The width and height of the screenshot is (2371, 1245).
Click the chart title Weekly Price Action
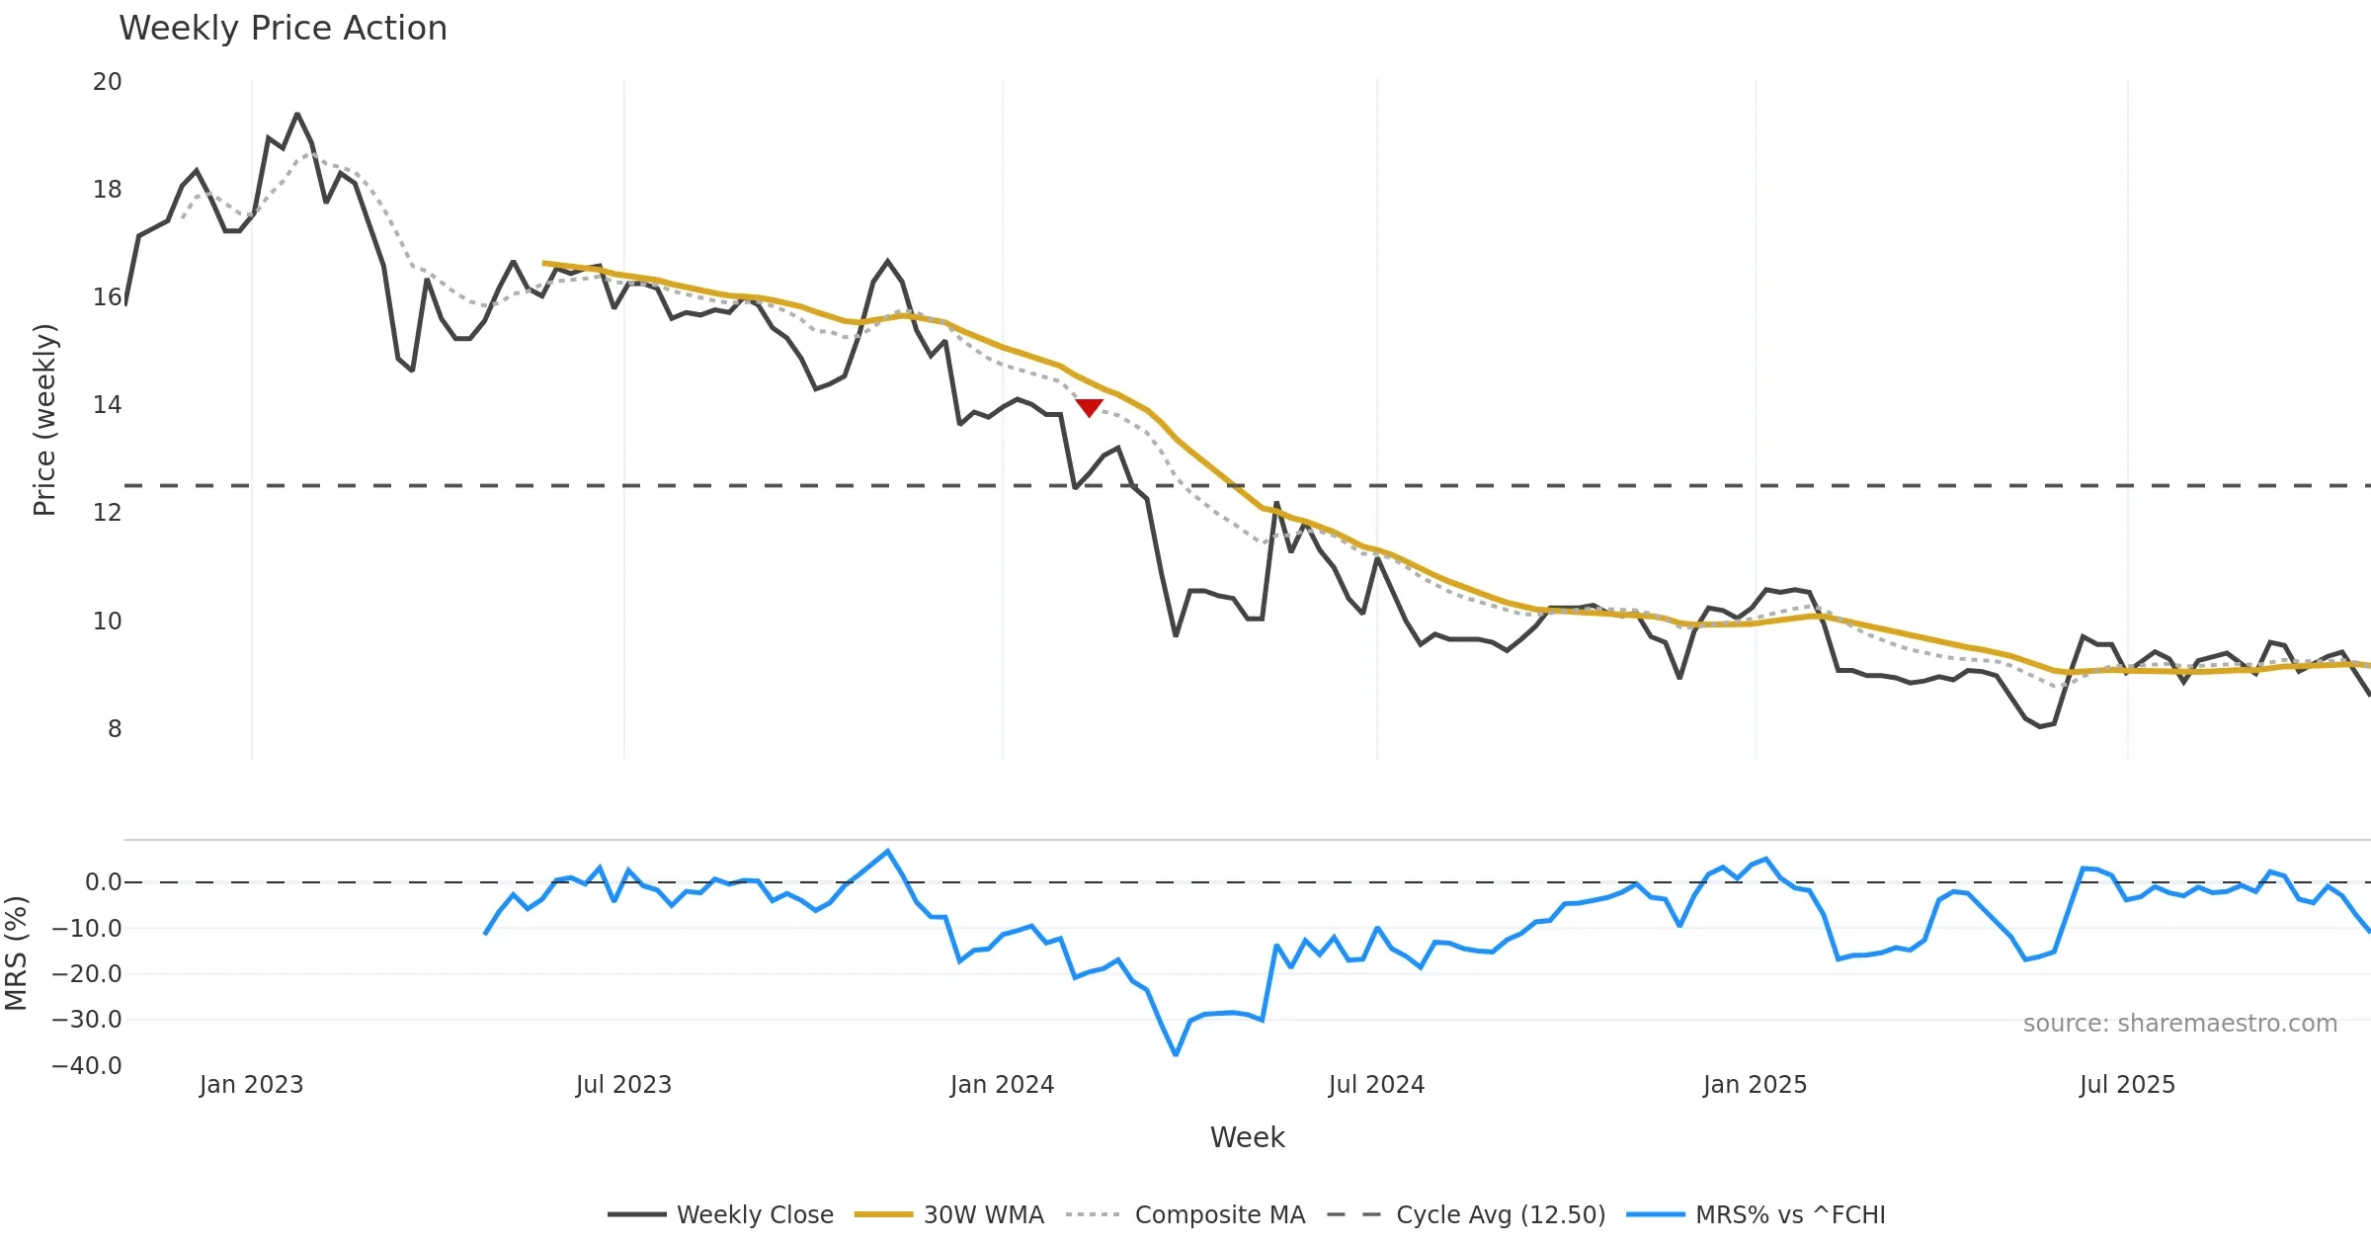(283, 28)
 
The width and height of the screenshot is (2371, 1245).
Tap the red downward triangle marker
(1089, 407)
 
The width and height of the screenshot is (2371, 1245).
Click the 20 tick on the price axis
(107, 82)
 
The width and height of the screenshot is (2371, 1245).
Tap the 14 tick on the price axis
(107, 405)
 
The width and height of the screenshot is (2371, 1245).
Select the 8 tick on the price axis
(115, 729)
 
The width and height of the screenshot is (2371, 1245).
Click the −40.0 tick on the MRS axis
(87, 1066)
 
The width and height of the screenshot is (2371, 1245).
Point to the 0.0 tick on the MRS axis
(103, 882)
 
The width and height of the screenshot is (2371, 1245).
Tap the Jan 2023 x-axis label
(251, 1085)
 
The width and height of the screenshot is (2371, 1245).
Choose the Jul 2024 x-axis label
(1376, 1085)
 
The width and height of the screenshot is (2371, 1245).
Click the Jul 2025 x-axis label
(2127, 1085)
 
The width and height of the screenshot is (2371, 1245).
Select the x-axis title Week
(1247, 1138)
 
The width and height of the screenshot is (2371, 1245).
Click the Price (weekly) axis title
(45, 420)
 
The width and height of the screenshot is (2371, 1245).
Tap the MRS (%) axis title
(16, 954)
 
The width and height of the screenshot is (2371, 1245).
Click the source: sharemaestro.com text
(2179, 1024)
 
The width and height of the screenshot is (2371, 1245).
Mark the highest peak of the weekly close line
(297, 115)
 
